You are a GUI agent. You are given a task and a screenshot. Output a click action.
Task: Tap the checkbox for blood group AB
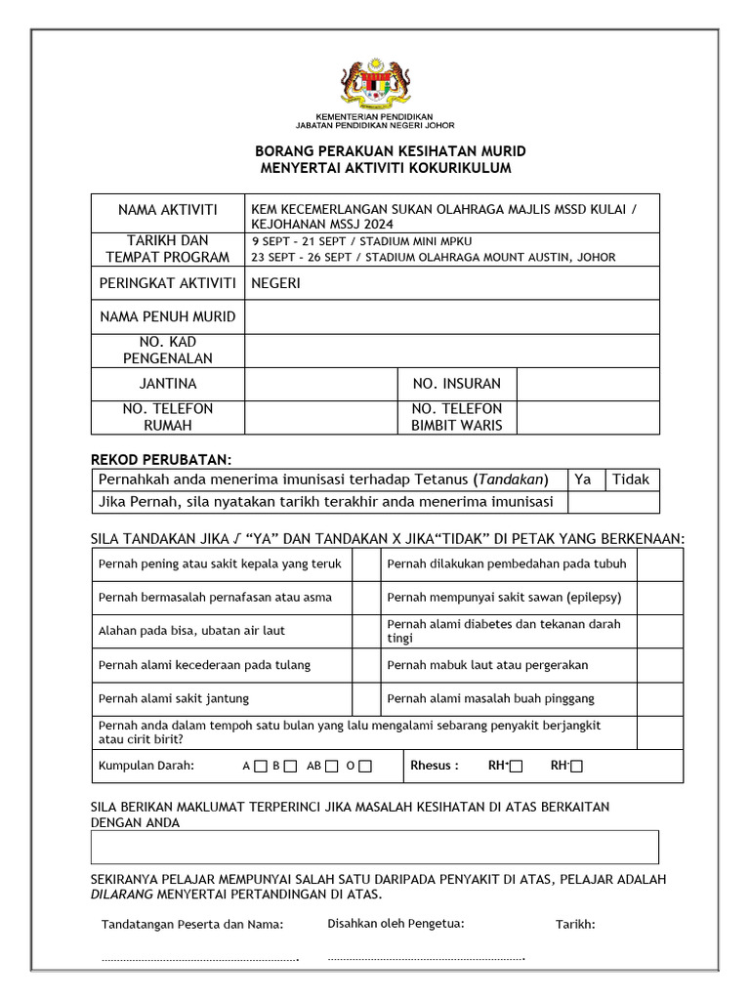coord(332,767)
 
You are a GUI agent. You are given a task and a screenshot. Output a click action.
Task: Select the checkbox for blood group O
coord(365,767)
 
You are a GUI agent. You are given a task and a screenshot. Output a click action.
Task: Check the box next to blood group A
coord(260,767)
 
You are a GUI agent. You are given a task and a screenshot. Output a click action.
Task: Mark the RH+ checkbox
coord(516,767)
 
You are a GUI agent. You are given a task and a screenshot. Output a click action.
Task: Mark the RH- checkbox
coord(576,767)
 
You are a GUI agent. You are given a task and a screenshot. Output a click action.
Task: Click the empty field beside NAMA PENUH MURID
coord(451,316)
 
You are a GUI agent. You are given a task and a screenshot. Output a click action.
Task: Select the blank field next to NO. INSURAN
coord(587,384)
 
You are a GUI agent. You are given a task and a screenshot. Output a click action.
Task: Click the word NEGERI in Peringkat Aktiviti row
coord(276,283)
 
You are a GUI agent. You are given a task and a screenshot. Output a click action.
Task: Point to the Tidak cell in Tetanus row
coord(632,479)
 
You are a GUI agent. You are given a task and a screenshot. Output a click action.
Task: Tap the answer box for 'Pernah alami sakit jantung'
coord(366,698)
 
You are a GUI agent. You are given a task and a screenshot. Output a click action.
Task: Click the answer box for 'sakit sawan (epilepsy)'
coord(660,597)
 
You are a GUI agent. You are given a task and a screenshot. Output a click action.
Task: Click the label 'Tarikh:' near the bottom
coord(575,925)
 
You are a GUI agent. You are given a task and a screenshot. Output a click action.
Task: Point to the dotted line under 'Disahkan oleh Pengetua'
coord(427,959)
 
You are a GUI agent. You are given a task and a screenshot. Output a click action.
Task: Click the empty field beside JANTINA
coord(321,384)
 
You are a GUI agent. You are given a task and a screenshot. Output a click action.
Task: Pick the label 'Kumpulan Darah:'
coord(146,766)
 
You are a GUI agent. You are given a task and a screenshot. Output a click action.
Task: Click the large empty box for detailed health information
coord(375,847)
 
